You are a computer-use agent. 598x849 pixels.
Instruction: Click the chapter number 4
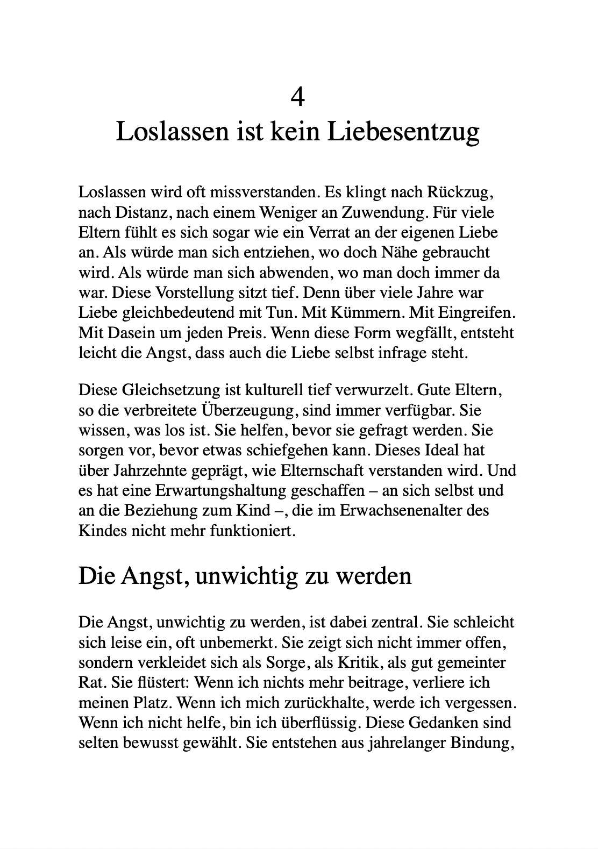click(298, 97)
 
